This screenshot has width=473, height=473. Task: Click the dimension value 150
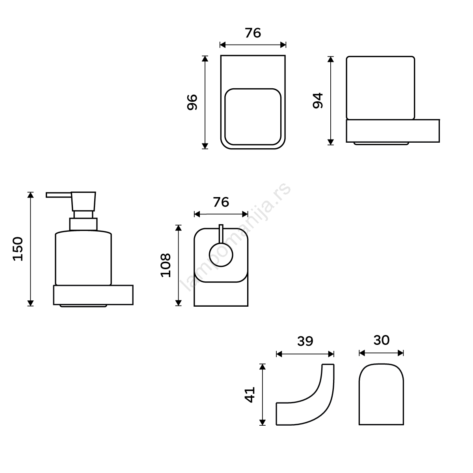(18, 249)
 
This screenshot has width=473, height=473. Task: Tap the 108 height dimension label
(166, 265)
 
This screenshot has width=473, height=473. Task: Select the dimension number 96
(192, 102)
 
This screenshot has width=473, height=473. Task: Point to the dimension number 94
(318, 101)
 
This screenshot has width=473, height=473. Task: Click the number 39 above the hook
(305, 341)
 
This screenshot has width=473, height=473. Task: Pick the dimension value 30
(382, 340)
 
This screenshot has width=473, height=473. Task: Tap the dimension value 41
(250, 395)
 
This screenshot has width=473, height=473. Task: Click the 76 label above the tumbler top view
(253, 33)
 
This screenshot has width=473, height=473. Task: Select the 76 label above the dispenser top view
(221, 202)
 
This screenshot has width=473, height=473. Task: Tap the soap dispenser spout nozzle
(58, 195)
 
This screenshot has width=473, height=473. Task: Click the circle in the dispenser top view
(221, 255)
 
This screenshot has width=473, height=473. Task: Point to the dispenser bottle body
(84, 258)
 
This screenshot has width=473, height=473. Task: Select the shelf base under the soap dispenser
(93, 295)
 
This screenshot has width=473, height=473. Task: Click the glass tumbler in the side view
(380, 88)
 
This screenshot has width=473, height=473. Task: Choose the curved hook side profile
(305, 395)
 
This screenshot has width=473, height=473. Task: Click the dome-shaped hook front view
(381, 394)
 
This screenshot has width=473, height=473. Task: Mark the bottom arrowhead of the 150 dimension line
(30, 304)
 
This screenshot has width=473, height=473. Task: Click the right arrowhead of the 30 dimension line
(401, 353)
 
